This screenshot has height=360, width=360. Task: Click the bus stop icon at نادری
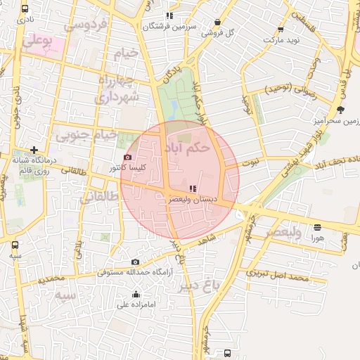[x=25, y=9]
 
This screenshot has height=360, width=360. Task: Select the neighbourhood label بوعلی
[x=37, y=41]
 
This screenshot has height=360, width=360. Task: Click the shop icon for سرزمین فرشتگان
[x=169, y=15]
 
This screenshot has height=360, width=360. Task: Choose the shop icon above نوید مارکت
[x=281, y=30]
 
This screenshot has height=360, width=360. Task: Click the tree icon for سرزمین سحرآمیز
[x=341, y=110]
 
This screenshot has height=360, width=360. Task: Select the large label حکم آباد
[x=186, y=148]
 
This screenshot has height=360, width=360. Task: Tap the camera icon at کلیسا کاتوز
[x=127, y=157]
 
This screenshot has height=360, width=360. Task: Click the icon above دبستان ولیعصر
[x=193, y=188]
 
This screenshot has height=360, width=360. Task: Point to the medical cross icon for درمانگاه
[x=34, y=149]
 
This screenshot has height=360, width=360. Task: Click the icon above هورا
[x=317, y=227]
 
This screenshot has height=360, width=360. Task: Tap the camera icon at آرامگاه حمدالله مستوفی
[x=135, y=262]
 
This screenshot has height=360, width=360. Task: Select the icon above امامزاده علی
[x=135, y=295]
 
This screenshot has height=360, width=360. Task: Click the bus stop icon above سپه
[x=15, y=245]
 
